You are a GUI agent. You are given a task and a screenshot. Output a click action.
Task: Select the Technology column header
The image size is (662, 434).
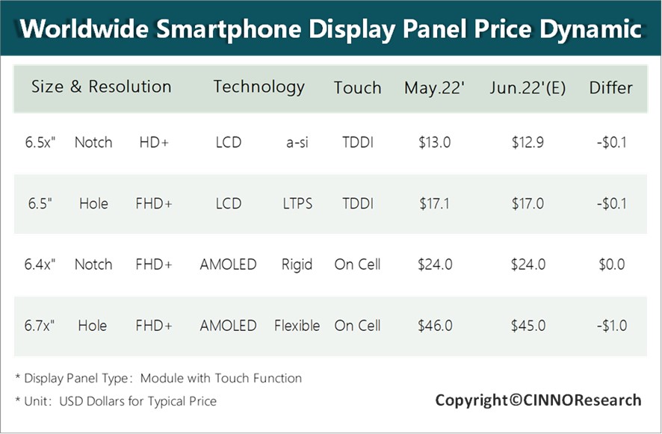pyautogui.click(x=259, y=87)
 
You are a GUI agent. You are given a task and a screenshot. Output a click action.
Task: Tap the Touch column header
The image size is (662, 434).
pyautogui.click(x=357, y=87)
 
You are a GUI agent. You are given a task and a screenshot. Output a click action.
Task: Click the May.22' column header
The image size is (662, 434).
pyautogui.click(x=434, y=87)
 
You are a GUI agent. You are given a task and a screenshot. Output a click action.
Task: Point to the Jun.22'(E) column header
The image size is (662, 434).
pyautogui.click(x=528, y=87)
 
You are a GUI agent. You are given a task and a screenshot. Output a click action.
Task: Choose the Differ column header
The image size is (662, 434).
pyautogui.click(x=610, y=87)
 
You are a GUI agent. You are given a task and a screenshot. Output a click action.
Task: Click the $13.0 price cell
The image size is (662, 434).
pyautogui.click(x=434, y=142)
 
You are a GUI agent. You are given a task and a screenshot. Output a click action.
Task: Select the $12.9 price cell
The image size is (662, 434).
pyautogui.click(x=528, y=142)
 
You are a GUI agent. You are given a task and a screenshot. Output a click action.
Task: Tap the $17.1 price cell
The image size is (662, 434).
pyautogui.click(x=434, y=203)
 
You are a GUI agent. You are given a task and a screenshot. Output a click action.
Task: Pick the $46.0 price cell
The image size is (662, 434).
pyautogui.click(x=434, y=326)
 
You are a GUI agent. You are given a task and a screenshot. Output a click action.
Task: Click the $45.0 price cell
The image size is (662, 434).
pyautogui.click(x=528, y=326)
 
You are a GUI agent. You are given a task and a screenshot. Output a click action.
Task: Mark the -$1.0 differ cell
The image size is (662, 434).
pyautogui.click(x=610, y=326)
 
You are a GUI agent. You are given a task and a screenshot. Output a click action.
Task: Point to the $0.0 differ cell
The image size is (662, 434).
pyautogui.click(x=610, y=264)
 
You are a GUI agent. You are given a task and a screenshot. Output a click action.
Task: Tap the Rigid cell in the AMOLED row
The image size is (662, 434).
pyautogui.click(x=297, y=264)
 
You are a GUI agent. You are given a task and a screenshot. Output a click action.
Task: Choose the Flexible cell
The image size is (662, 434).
pyautogui.click(x=297, y=326)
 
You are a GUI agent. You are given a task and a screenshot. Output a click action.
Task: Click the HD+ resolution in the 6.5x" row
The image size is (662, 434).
pyautogui.click(x=154, y=142)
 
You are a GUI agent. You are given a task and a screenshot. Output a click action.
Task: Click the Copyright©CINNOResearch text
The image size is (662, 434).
pyautogui.click(x=538, y=400)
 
